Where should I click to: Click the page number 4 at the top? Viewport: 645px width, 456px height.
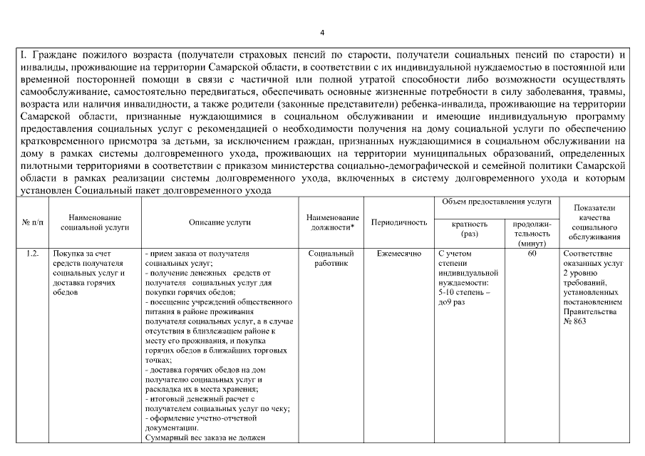(322, 33)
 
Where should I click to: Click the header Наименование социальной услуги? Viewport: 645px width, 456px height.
(95, 222)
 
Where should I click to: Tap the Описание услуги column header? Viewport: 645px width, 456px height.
(220, 222)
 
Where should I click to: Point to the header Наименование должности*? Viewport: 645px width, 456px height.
(332, 222)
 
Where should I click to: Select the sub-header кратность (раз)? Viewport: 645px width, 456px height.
(470, 228)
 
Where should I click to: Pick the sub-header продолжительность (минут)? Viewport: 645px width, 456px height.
(532, 233)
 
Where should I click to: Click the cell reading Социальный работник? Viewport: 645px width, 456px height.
(332, 258)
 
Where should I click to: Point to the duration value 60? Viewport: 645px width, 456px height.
(532, 254)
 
